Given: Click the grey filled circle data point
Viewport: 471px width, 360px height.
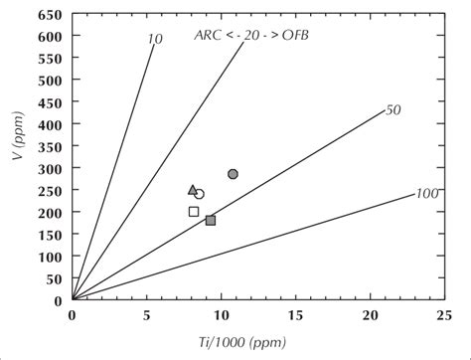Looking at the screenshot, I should [x=233, y=174].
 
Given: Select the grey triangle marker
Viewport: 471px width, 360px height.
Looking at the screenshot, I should [x=193, y=189].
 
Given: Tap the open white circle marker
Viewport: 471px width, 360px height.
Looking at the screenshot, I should [x=199, y=195].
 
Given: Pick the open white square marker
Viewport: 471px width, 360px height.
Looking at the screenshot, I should [x=194, y=211].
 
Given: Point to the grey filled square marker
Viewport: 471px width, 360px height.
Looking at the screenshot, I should [x=211, y=220].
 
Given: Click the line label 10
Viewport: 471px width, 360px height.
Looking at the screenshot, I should [x=154, y=39].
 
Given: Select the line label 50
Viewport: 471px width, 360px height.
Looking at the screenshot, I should [x=392, y=110].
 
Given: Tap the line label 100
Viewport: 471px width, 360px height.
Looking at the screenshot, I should [x=427, y=193].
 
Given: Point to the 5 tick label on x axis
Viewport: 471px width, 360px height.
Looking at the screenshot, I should [x=146, y=315].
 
